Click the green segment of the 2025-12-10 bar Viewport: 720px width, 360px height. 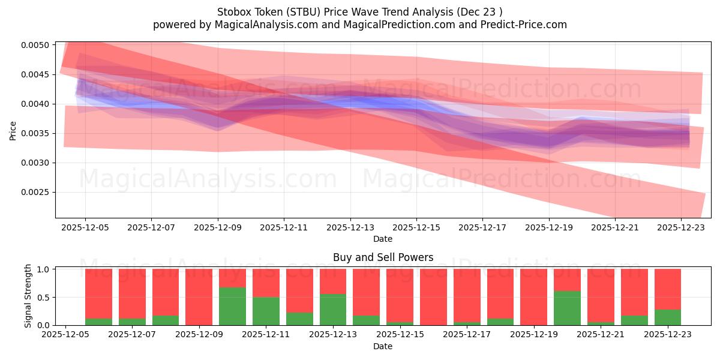(232, 307)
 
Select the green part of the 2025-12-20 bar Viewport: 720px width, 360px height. (567, 308)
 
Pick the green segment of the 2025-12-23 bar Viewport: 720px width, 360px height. (668, 317)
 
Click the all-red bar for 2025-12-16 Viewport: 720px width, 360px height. (433, 297)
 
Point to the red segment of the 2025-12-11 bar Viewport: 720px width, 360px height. (266, 283)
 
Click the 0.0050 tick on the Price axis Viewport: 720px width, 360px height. (37, 46)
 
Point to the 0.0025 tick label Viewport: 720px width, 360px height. (37, 193)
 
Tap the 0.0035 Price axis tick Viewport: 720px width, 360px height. (37, 134)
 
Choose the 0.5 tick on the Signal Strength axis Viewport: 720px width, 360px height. (44, 298)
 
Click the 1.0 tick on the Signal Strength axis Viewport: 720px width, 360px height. (44, 269)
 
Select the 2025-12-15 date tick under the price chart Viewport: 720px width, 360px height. (417, 227)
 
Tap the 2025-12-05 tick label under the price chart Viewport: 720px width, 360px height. (85, 227)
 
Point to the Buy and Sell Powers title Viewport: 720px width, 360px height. (383, 257)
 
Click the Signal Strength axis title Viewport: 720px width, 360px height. (28, 297)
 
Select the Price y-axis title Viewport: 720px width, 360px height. (13, 130)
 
